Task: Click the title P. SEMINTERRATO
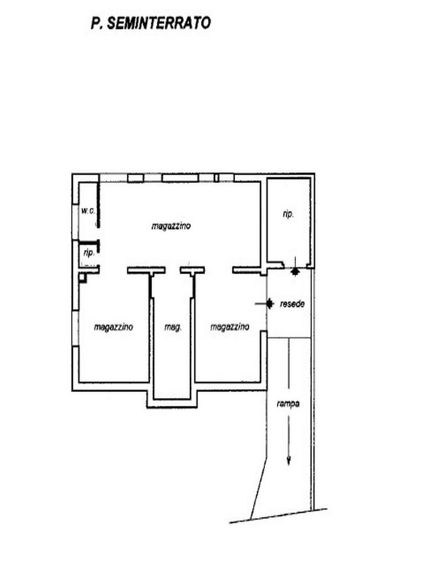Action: (x=151, y=23)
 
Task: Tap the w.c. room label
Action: (x=88, y=211)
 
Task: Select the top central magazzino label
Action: (x=171, y=226)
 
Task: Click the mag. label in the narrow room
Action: (x=173, y=327)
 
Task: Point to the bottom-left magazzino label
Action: (x=114, y=327)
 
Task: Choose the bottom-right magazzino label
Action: (x=230, y=327)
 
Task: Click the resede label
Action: (x=292, y=304)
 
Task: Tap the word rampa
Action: (x=288, y=403)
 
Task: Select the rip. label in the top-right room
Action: (x=288, y=214)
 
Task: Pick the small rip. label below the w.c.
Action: (x=89, y=253)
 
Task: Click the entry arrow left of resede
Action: (x=264, y=304)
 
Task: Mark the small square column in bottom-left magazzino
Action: (x=83, y=277)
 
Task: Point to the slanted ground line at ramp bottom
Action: (x=278, y=516)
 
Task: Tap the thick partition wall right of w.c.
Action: (x=98, y=205)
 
